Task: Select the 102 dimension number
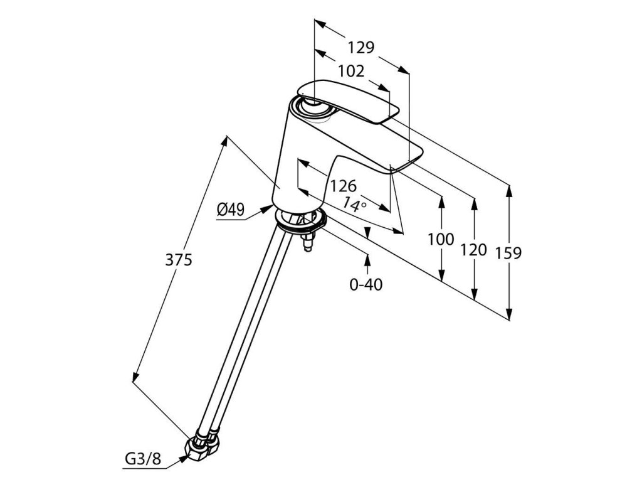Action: (x=350, y=72)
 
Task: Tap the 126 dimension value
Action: (x=343, y=186)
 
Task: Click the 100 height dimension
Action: (x=440, y=239)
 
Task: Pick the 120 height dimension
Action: (x=473, y=250)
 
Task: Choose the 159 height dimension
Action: (x=508, y=253)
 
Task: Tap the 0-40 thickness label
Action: (x=366, y=284)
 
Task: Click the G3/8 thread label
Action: (x=142, y=460)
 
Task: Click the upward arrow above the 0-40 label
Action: (x=367, y=260)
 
